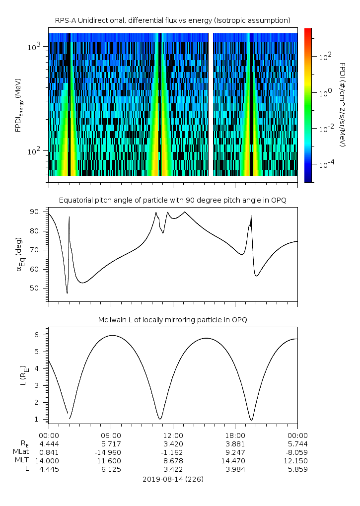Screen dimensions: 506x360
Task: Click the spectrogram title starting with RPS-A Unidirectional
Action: (172, 20)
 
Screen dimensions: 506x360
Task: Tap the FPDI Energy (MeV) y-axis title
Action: (18, 104)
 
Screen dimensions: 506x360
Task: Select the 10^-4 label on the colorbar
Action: (325, 164)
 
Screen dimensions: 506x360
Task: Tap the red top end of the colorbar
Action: (308, 30)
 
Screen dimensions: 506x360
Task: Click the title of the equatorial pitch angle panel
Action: (172, 200)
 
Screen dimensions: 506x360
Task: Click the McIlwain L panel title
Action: (172, 320)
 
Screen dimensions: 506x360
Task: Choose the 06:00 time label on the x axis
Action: (110, 434)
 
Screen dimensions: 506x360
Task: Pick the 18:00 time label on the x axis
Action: (235, 434)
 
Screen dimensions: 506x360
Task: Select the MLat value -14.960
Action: (110, 451)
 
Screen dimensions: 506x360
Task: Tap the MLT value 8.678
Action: (173, 460)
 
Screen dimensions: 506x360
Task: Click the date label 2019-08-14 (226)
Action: (172, 479)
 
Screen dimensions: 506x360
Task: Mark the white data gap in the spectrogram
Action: (211, 104)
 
